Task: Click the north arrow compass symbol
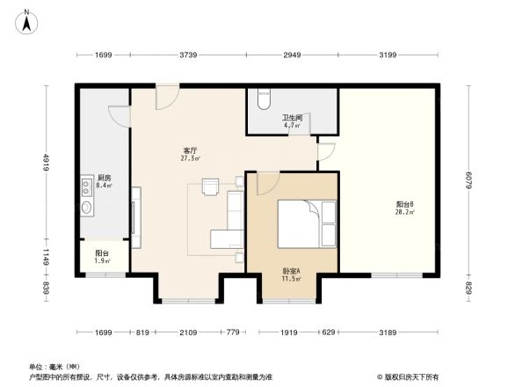pyautogui.click(x=27, y=20)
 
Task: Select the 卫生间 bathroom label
pyautogui.click(x=292, y=121)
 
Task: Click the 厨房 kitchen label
pyautogui.click(x=103, y=182)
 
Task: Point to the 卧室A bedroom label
pyautogui.click(x=291, y=274)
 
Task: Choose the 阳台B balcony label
pyautogui.click(x=404, y=208)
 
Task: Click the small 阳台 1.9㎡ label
pyautogui.click(x=102, y=258)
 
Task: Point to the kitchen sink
pyautogui.click(x=87, y=208)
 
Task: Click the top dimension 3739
pyautogui.click(x=187, y=55)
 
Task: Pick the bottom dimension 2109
pyautogui.click(x=189, y=332)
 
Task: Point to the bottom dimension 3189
pyautogui.click(x=387, y=332)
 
